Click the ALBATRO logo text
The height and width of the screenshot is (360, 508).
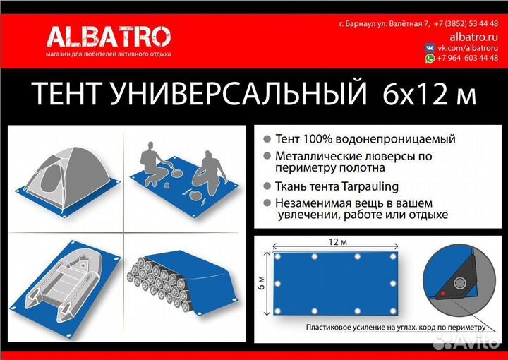pyautogui.click(x=108, y=36)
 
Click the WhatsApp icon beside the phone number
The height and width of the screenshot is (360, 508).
pyautogui.click(x=430, y=59)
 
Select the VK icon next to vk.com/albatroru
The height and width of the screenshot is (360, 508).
pyautogui.click(x=430, y=47)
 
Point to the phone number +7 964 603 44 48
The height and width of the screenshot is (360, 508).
pyautogui.click(x=468, y=59)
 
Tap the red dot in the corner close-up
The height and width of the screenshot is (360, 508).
pyautogui.click(x=442, y=291)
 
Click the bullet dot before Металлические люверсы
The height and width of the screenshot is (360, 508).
pyautogui.click(x=266, y=156)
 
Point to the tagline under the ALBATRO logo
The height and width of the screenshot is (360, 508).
pyautogui.click(x=108, y=54)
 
